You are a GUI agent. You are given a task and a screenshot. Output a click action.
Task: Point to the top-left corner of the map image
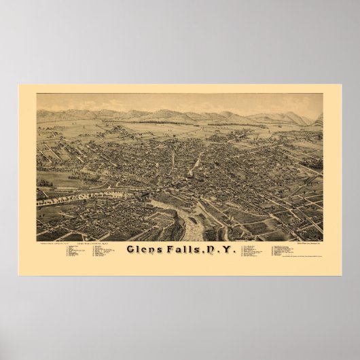(x=37, y=94)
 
